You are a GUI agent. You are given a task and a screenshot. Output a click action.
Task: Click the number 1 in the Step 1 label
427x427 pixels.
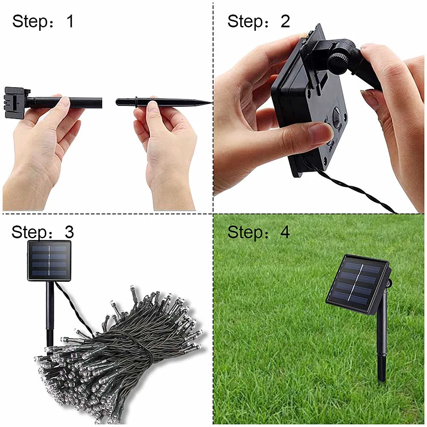coord(70,21)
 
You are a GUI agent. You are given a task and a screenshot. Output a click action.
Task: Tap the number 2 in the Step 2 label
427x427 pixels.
coord(285,21)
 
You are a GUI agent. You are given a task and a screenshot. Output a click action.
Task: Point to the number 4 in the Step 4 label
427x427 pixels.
coord(285,232)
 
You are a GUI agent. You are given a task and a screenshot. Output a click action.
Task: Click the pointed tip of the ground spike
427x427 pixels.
coord(210,102)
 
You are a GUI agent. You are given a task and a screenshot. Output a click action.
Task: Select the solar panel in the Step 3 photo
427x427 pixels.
coord(50,260)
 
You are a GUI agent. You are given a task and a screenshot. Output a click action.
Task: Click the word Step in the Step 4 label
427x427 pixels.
coord(244,232)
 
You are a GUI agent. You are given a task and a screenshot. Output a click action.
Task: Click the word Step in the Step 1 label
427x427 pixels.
coord(29,21)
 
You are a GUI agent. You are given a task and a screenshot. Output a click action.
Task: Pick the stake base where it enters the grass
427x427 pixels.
coord(381,376)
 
